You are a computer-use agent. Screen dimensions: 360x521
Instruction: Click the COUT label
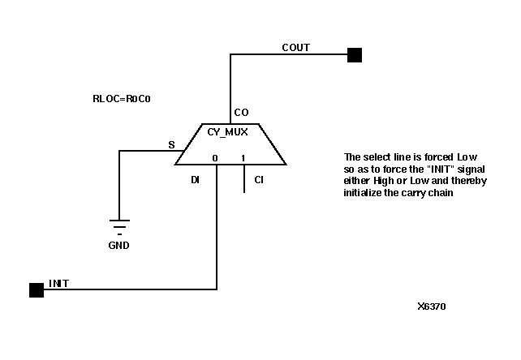(x=295, y=48)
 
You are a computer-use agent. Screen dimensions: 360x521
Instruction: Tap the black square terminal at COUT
(x=354, y=55)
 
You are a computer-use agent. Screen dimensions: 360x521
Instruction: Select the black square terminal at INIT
(x=36, y=289)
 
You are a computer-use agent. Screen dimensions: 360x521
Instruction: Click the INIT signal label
(x=58, y=283)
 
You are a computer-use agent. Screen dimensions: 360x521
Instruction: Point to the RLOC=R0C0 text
(x=123, y=100)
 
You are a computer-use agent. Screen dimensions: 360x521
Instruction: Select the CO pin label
(x=241, y=113)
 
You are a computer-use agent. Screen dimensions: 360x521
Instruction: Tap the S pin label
(x=171, y=144)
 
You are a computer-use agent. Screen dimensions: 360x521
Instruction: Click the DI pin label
(x=195, y=179)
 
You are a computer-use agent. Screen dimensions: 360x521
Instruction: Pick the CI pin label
(x=258, y=179)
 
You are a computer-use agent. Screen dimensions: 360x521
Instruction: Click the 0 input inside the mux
(x=216, y=158)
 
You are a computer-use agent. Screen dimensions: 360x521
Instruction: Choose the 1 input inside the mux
(x=243, y=158)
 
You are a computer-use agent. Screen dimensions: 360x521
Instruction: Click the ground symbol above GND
(x=119, y=223)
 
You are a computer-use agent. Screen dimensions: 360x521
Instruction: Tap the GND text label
(x=118, y=244)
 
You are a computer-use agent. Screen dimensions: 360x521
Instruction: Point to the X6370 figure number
(x=431, y=306)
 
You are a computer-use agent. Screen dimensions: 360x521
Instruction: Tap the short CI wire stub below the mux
(x=244, y=179)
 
